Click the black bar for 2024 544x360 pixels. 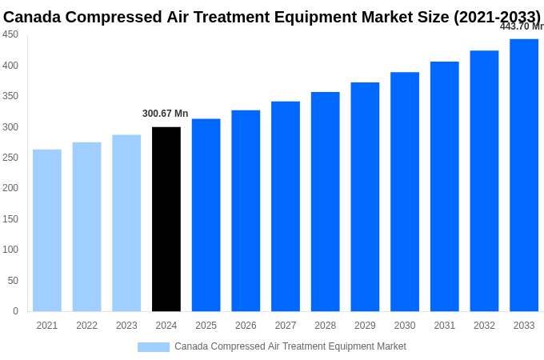166,219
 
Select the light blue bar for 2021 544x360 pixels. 47,230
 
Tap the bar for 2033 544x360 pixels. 524,175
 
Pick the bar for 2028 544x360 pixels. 326,202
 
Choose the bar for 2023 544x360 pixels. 126,223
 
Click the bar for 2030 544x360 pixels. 405,192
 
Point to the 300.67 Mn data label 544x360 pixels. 166,114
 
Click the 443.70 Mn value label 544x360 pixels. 522,26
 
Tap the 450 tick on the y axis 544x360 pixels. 10,34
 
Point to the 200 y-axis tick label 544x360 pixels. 10,188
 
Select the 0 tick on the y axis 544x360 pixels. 15,311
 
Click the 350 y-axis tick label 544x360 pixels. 10,96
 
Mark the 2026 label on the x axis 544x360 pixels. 246,326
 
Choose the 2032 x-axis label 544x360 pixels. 484,326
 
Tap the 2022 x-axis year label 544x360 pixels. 86,326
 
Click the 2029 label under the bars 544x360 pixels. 365,326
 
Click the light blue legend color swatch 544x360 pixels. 154,347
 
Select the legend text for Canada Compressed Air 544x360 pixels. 290,346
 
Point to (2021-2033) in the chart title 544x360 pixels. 498,16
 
